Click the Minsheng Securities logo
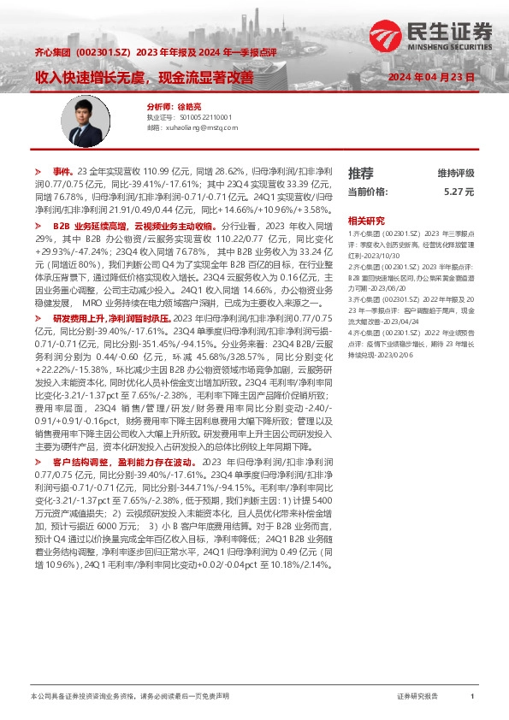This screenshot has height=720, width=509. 431,37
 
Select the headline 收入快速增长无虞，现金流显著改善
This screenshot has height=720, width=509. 145,77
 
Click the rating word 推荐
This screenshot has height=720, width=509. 361,173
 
